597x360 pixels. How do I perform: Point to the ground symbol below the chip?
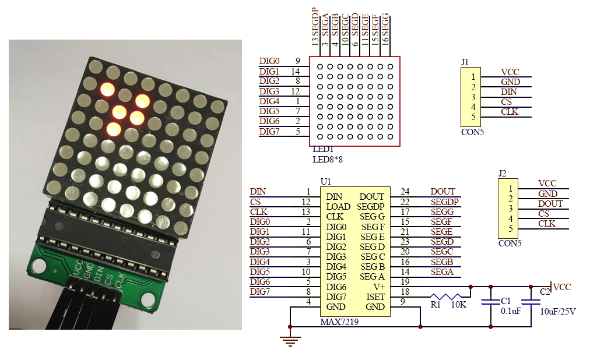[290, 340]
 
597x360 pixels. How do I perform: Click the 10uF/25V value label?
[558, 312]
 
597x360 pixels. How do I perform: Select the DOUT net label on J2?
[550, 204]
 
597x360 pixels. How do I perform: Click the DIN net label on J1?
[508, 92]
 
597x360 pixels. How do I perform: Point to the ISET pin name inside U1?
[375, 297]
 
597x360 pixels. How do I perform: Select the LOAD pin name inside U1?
[338, 207]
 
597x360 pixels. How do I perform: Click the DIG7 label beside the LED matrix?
[269, 132]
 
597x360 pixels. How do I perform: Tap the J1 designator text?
[465, 62]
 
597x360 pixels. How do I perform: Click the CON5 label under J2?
[510, 243]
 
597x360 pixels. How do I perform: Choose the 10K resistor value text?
[459, 305]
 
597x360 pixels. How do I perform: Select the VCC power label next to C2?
[562, 287]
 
